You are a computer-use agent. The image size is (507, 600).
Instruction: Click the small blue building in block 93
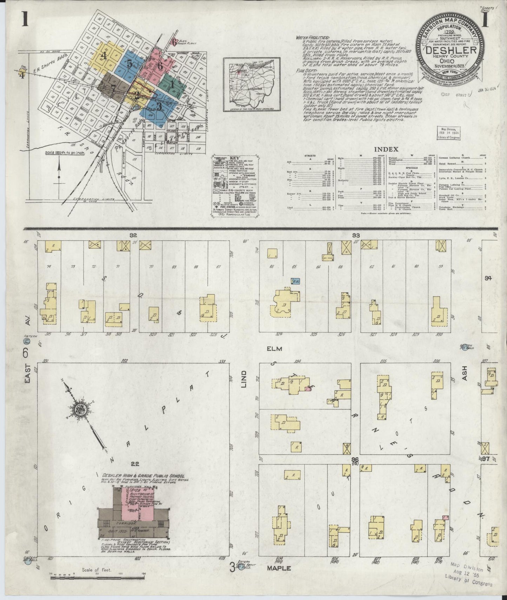coord(296,281)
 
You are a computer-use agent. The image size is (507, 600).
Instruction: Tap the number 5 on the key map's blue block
coord(129,64)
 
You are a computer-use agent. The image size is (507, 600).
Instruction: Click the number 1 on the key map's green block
coord(172,84)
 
